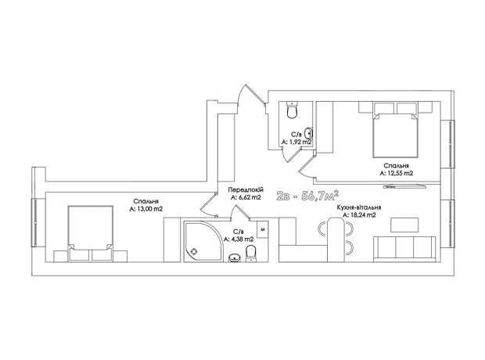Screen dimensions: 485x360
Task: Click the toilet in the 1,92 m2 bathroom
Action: tap(292, 110)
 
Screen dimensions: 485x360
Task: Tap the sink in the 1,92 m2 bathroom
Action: tap(308, 133)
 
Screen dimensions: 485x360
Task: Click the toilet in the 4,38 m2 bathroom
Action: tap(250, 254)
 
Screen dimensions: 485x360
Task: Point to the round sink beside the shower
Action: tap(235, 257)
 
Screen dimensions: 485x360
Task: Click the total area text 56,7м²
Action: tap(320, 196)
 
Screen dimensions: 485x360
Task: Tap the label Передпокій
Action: tap(246, 189)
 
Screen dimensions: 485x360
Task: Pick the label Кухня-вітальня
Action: tap(359, 207)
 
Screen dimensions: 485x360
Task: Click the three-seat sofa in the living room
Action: tap(404, 249)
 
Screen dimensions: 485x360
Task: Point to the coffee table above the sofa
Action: tap(404, 225)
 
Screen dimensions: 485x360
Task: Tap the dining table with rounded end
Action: tap(336, 239)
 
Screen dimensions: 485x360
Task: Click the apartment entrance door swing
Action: tap(250, 95)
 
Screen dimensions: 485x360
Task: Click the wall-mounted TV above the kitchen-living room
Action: tap(404, 186)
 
